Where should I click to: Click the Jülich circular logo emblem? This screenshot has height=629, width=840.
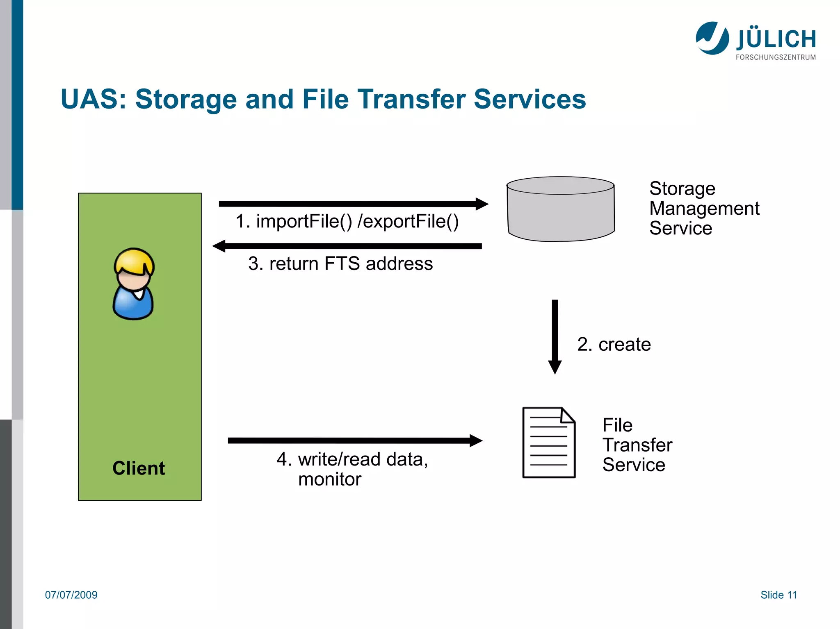712,38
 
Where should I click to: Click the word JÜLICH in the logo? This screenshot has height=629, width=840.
776,39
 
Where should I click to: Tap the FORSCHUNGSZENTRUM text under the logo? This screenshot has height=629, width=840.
776,57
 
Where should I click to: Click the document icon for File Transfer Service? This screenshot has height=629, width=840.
549,443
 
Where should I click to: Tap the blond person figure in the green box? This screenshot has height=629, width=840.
133,284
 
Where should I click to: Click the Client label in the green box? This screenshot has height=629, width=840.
139,468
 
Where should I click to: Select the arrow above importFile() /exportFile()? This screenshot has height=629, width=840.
353,204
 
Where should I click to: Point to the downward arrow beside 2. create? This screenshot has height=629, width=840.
555,336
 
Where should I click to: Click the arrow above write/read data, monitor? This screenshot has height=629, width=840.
355,441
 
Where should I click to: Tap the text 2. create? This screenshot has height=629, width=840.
614,344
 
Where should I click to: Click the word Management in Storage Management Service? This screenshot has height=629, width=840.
704,208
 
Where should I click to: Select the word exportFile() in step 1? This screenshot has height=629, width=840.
408,222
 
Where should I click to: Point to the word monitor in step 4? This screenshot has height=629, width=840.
330,479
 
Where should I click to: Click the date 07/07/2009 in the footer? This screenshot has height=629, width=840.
71,595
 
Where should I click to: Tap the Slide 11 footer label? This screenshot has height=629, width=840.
778,595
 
